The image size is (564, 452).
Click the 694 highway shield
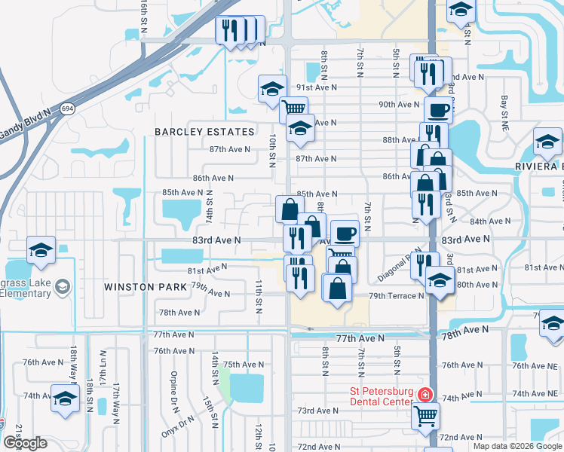click(x=68, y=108)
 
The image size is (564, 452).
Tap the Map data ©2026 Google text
click(x=517, y=446)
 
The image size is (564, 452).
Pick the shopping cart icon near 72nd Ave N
click(x=426, y=415)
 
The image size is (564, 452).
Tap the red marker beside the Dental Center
click(x=426, y=395)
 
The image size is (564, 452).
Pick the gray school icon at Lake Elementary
click(x=63, y=286)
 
